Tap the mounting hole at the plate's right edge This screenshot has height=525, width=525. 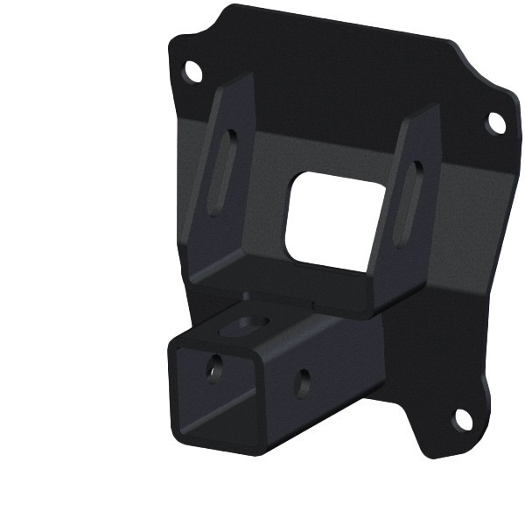[495, 123]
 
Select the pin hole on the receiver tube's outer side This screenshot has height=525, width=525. [303, 381]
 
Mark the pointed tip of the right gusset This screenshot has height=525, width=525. [434, 107]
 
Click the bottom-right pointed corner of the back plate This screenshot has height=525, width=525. [429, 456]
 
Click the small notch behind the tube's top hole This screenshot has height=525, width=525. [248, 296]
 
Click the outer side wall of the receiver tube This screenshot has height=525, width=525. [324, 385]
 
